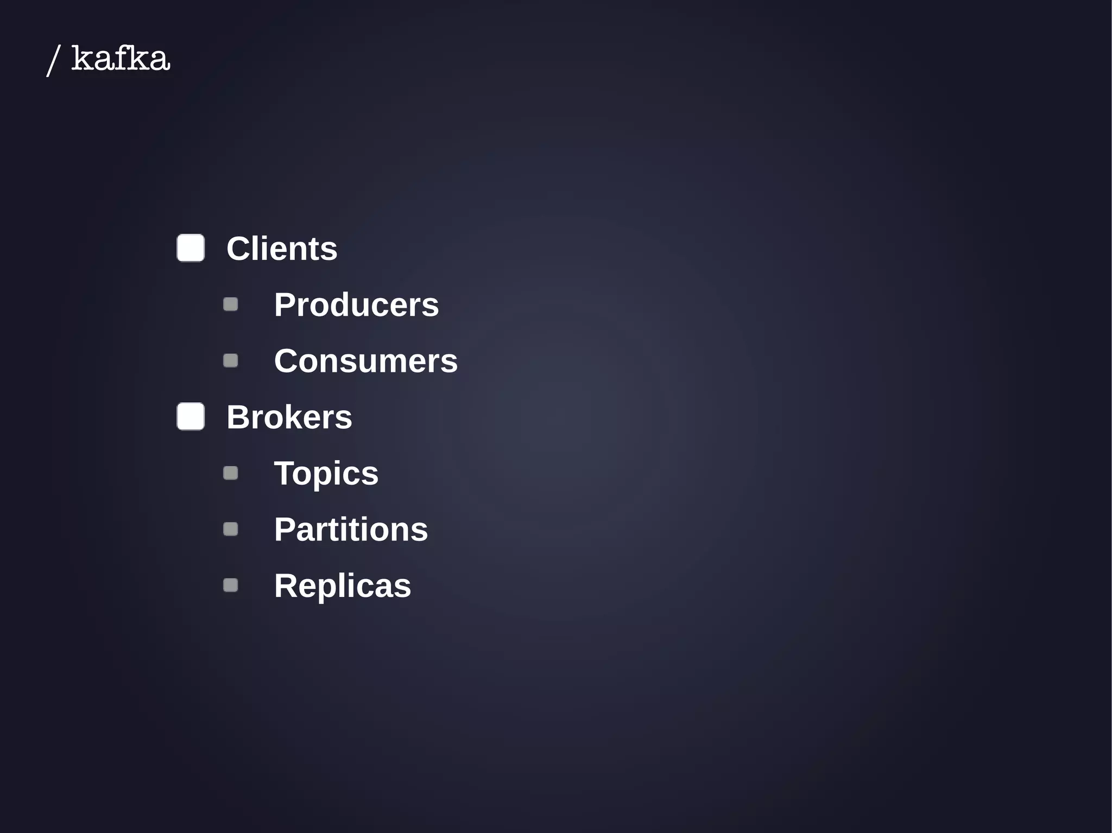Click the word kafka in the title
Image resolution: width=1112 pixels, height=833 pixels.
(x=121, y=59)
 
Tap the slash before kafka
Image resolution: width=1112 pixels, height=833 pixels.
(x=53, y=60)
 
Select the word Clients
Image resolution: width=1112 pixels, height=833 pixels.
(x=282, y=249)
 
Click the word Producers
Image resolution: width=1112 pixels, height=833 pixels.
(x=356, y=304)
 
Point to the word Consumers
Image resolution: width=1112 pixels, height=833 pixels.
(x=365, y=361)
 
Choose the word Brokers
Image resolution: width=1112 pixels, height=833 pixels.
(x=289, y=417)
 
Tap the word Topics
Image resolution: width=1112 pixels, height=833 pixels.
(x=326, y=473)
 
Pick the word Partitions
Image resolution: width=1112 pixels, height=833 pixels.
(x=351, y=529)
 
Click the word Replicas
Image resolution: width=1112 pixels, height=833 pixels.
(x=342, y=586)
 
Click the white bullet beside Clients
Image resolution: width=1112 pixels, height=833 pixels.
(x=191, y=248)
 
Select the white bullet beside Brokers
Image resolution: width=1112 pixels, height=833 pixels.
(x=191, y=416)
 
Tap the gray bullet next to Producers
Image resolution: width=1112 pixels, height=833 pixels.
(x=231, y=304)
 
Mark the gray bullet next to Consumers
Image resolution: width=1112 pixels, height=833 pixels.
(x=231, y=360)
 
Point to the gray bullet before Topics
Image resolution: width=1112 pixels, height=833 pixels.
(x=231, y=473)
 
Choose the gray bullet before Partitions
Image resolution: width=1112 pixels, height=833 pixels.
(x=231, y=529)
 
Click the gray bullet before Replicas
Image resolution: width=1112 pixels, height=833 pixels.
(x=231, y=585)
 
